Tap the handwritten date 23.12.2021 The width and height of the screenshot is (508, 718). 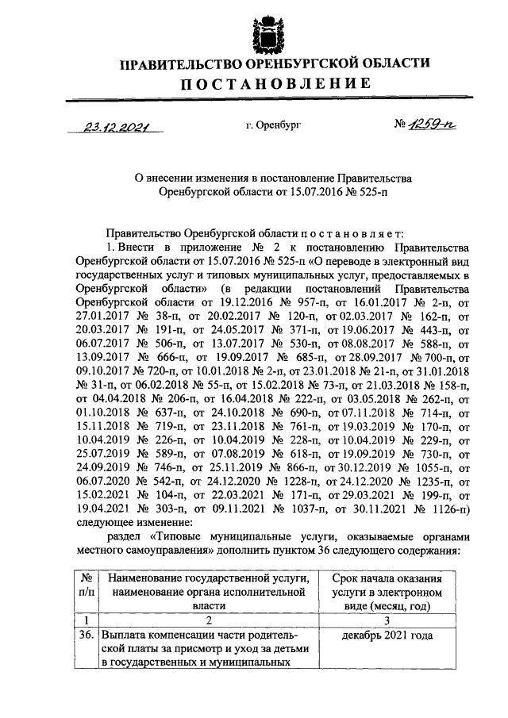117,126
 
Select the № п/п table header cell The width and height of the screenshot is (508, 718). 86,589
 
